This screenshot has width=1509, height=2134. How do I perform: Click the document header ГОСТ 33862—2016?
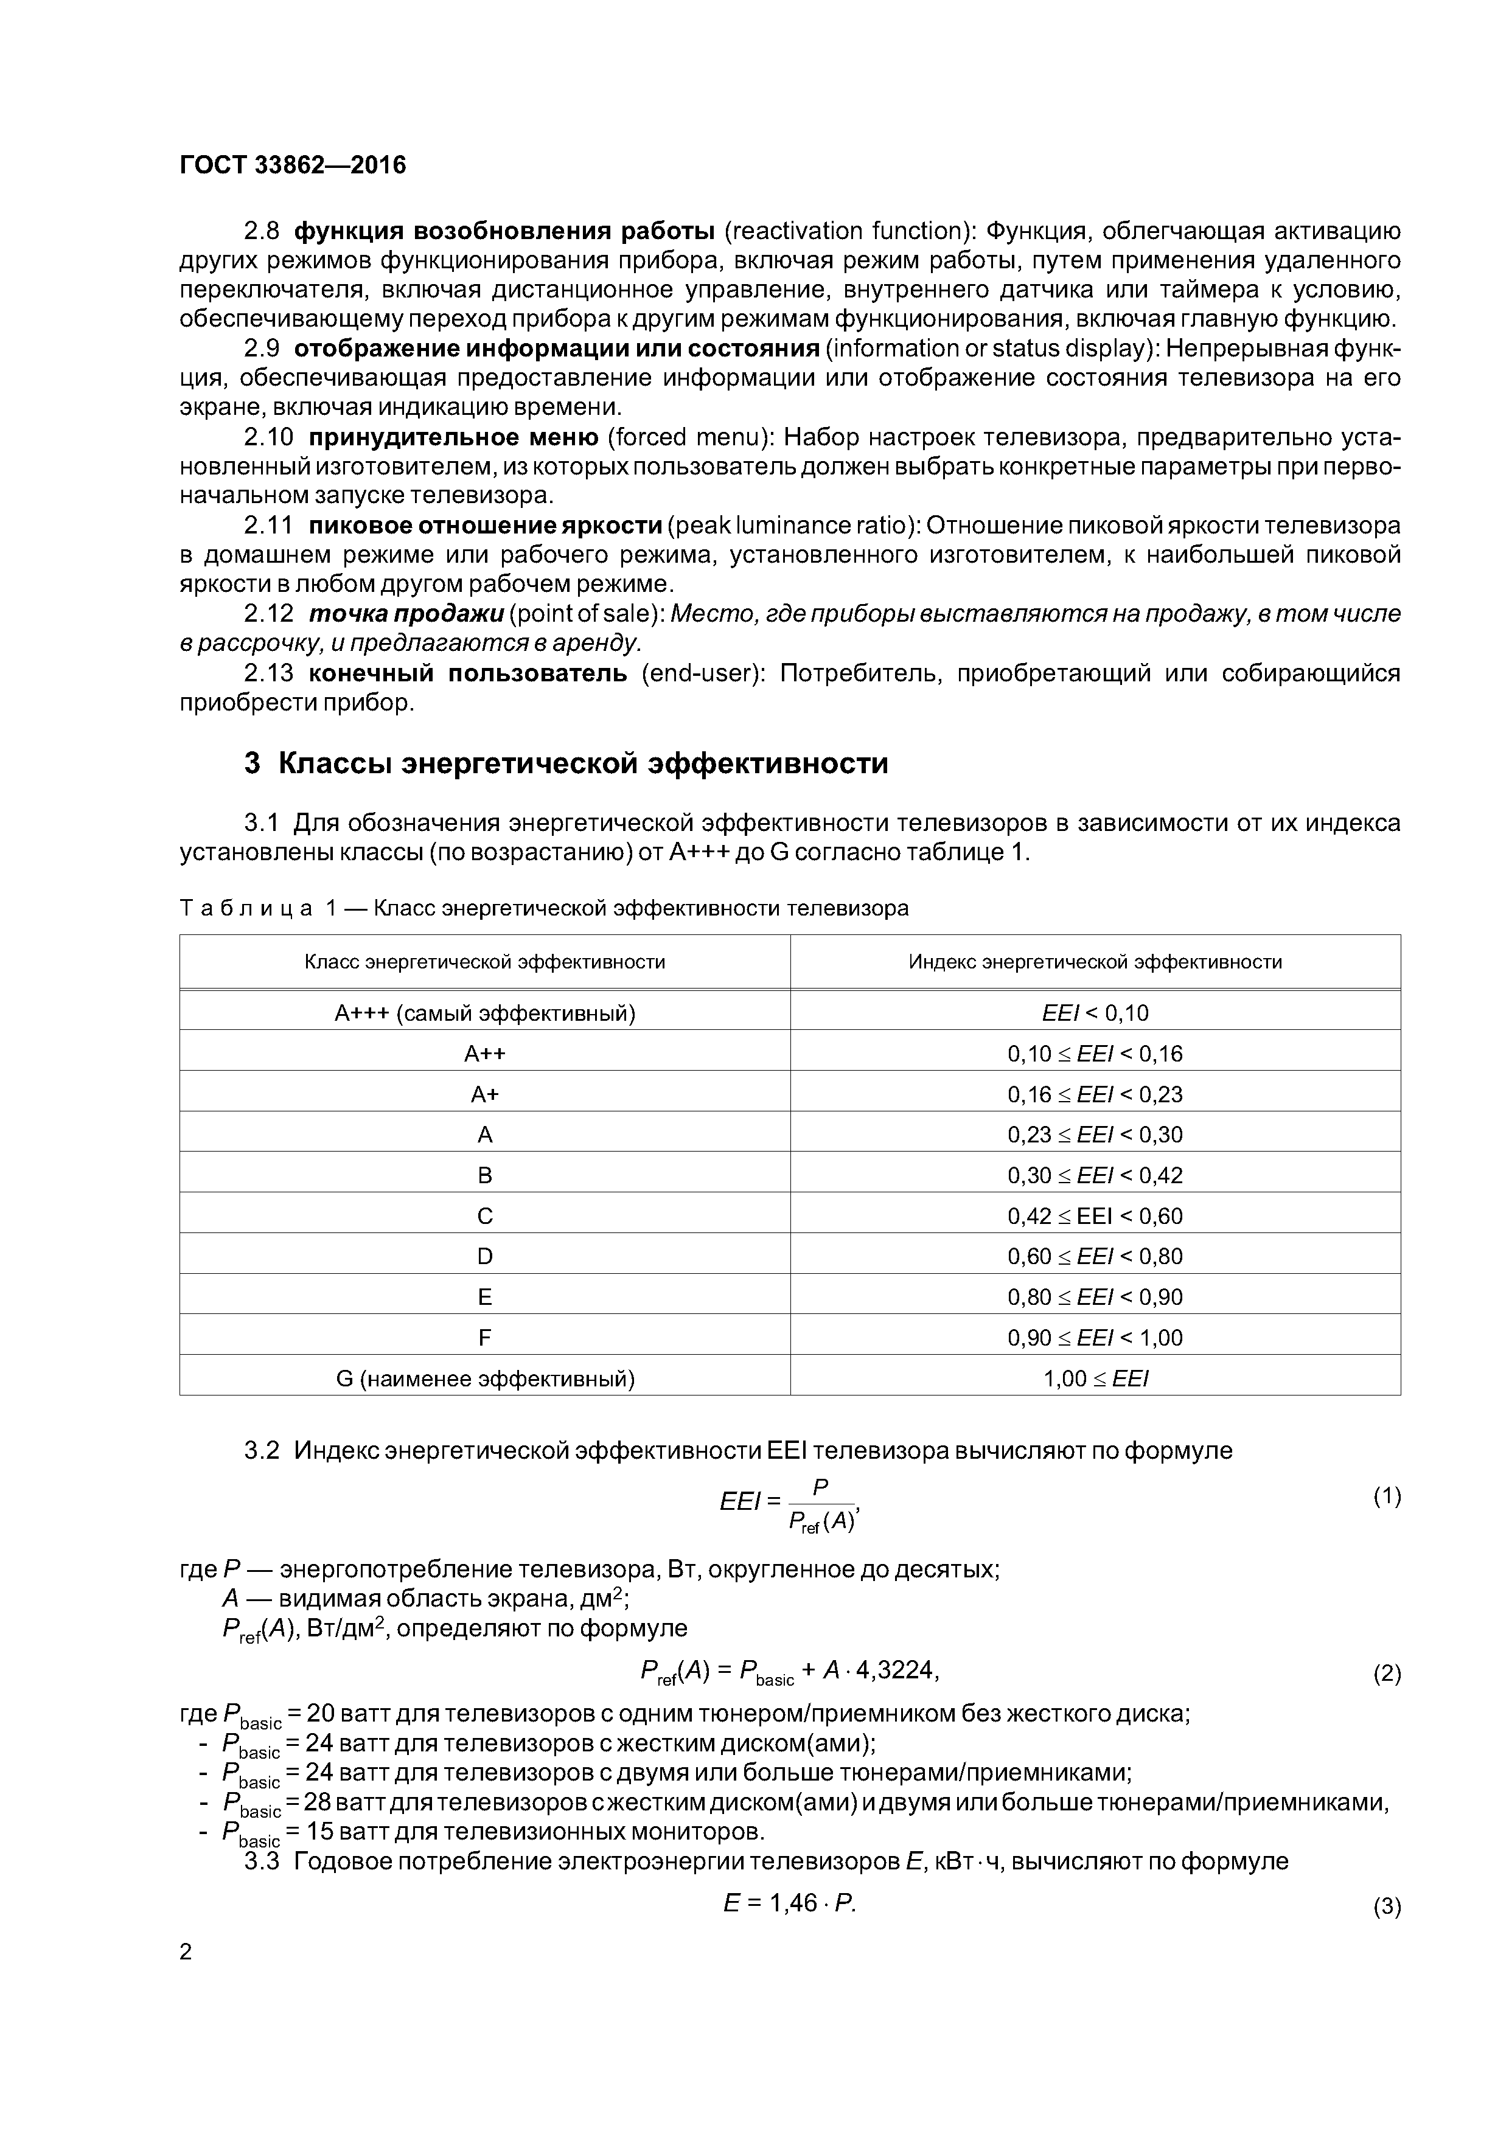tap(293, 165)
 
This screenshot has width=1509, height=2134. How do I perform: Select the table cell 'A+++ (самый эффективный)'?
tap(484, 1012)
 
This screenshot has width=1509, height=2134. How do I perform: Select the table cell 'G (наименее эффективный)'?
tap(484, 1378)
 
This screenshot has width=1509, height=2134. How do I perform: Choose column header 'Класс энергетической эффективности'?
tap(484, 962)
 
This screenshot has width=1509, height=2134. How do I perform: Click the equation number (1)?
tap(1386, 1496)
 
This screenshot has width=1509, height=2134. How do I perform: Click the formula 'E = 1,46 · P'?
tap(789, 1903)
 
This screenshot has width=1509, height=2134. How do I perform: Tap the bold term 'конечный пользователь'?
tap(468, 673)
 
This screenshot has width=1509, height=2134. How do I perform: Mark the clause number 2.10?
tap(269, 437)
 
